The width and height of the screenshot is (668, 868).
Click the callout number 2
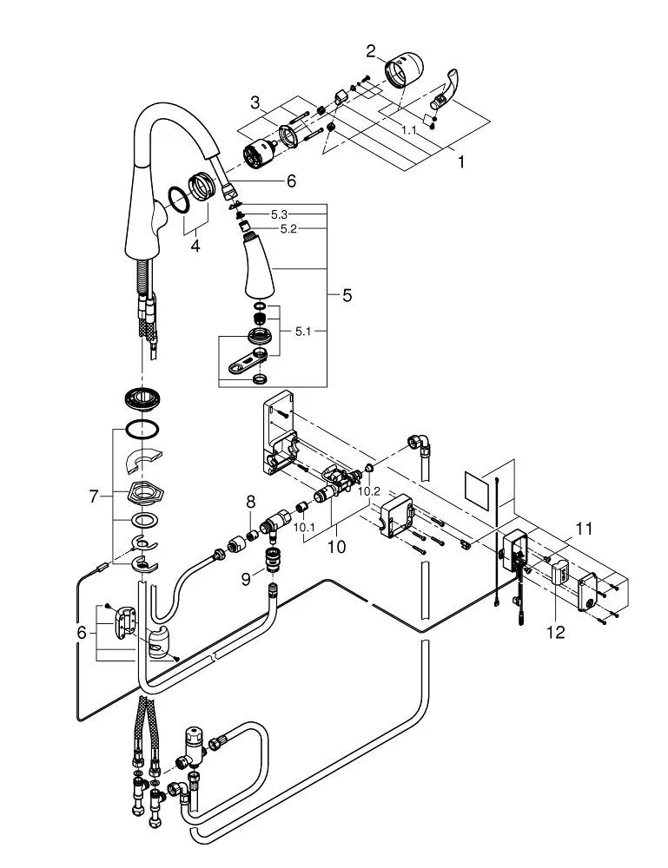click(372, 51)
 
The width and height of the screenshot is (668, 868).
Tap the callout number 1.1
click(409, 130)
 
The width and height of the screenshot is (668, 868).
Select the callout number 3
click(255, 102)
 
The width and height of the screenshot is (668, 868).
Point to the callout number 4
click(195, 246)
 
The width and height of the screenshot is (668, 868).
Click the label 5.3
click(279, 214)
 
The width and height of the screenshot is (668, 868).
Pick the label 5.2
click(288, 228)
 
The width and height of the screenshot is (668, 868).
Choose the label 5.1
click(303, 332)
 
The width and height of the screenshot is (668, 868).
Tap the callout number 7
click(94, 496)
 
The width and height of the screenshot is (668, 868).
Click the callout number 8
click(251, 502)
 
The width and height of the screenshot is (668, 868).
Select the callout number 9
click(246, 579)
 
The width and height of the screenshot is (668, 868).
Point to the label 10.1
click(303, 527)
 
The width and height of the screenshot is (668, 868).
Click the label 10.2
click(369, 491)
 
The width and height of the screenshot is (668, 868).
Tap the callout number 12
click(556, 632)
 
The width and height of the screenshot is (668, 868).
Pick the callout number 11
click(584, 529)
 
